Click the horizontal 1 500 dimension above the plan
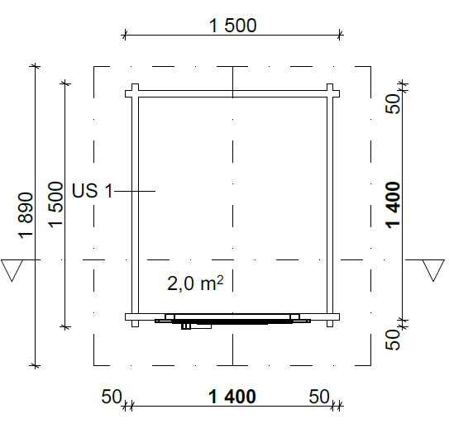[232, 25]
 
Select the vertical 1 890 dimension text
[26, 215]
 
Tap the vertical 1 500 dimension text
[55, 204]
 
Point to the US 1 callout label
[93, 191]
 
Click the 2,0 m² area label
[195, 283]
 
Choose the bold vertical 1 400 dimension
[393, 205]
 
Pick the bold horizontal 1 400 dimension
[232, 397]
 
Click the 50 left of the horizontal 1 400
[112, 397]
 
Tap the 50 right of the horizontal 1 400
[319, 397]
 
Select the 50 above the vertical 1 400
[393, 104]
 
